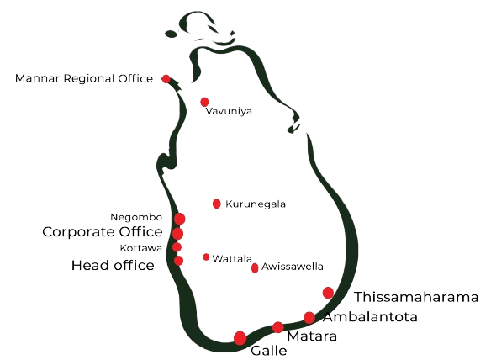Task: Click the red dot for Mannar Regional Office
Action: (166, 79)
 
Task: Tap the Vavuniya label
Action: (229, 112)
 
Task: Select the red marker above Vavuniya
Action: (204, 102)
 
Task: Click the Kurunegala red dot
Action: (216, 204)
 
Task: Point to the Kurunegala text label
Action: (256, 204)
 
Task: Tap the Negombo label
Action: (136, 217)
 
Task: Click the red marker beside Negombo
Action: (179, 219)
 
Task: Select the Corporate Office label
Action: (103, 232)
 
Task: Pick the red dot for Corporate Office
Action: (177, 234)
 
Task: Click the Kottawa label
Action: (141, 248)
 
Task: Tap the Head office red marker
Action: (178, 261)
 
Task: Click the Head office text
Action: (113, 266)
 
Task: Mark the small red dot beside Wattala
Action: (206, 257)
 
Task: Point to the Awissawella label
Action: (292, 267)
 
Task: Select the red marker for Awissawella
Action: (255, 268)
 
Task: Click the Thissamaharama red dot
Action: (328, 293)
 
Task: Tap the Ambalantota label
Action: (371, 317)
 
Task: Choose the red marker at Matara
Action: (277, 327)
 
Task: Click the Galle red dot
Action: (240, 338)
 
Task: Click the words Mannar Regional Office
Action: (84, 78)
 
